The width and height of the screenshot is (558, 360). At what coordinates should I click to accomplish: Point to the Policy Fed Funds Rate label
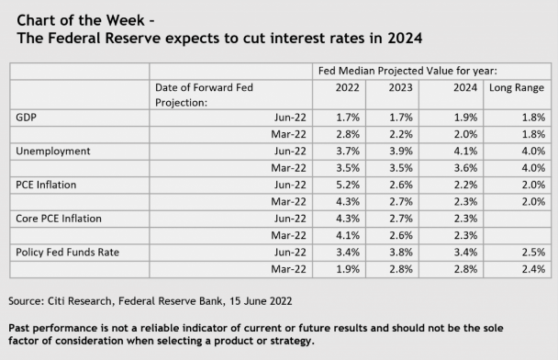tap(68, 252)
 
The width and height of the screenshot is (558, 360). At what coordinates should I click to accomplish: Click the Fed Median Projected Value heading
tap(426, 71)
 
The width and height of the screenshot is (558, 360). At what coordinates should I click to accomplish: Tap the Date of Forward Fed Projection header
tap(204, 95)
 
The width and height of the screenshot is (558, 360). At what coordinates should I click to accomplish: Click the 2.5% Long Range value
tap(530, 252)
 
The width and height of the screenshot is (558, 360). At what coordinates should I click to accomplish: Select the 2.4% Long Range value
tap(530, 268)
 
